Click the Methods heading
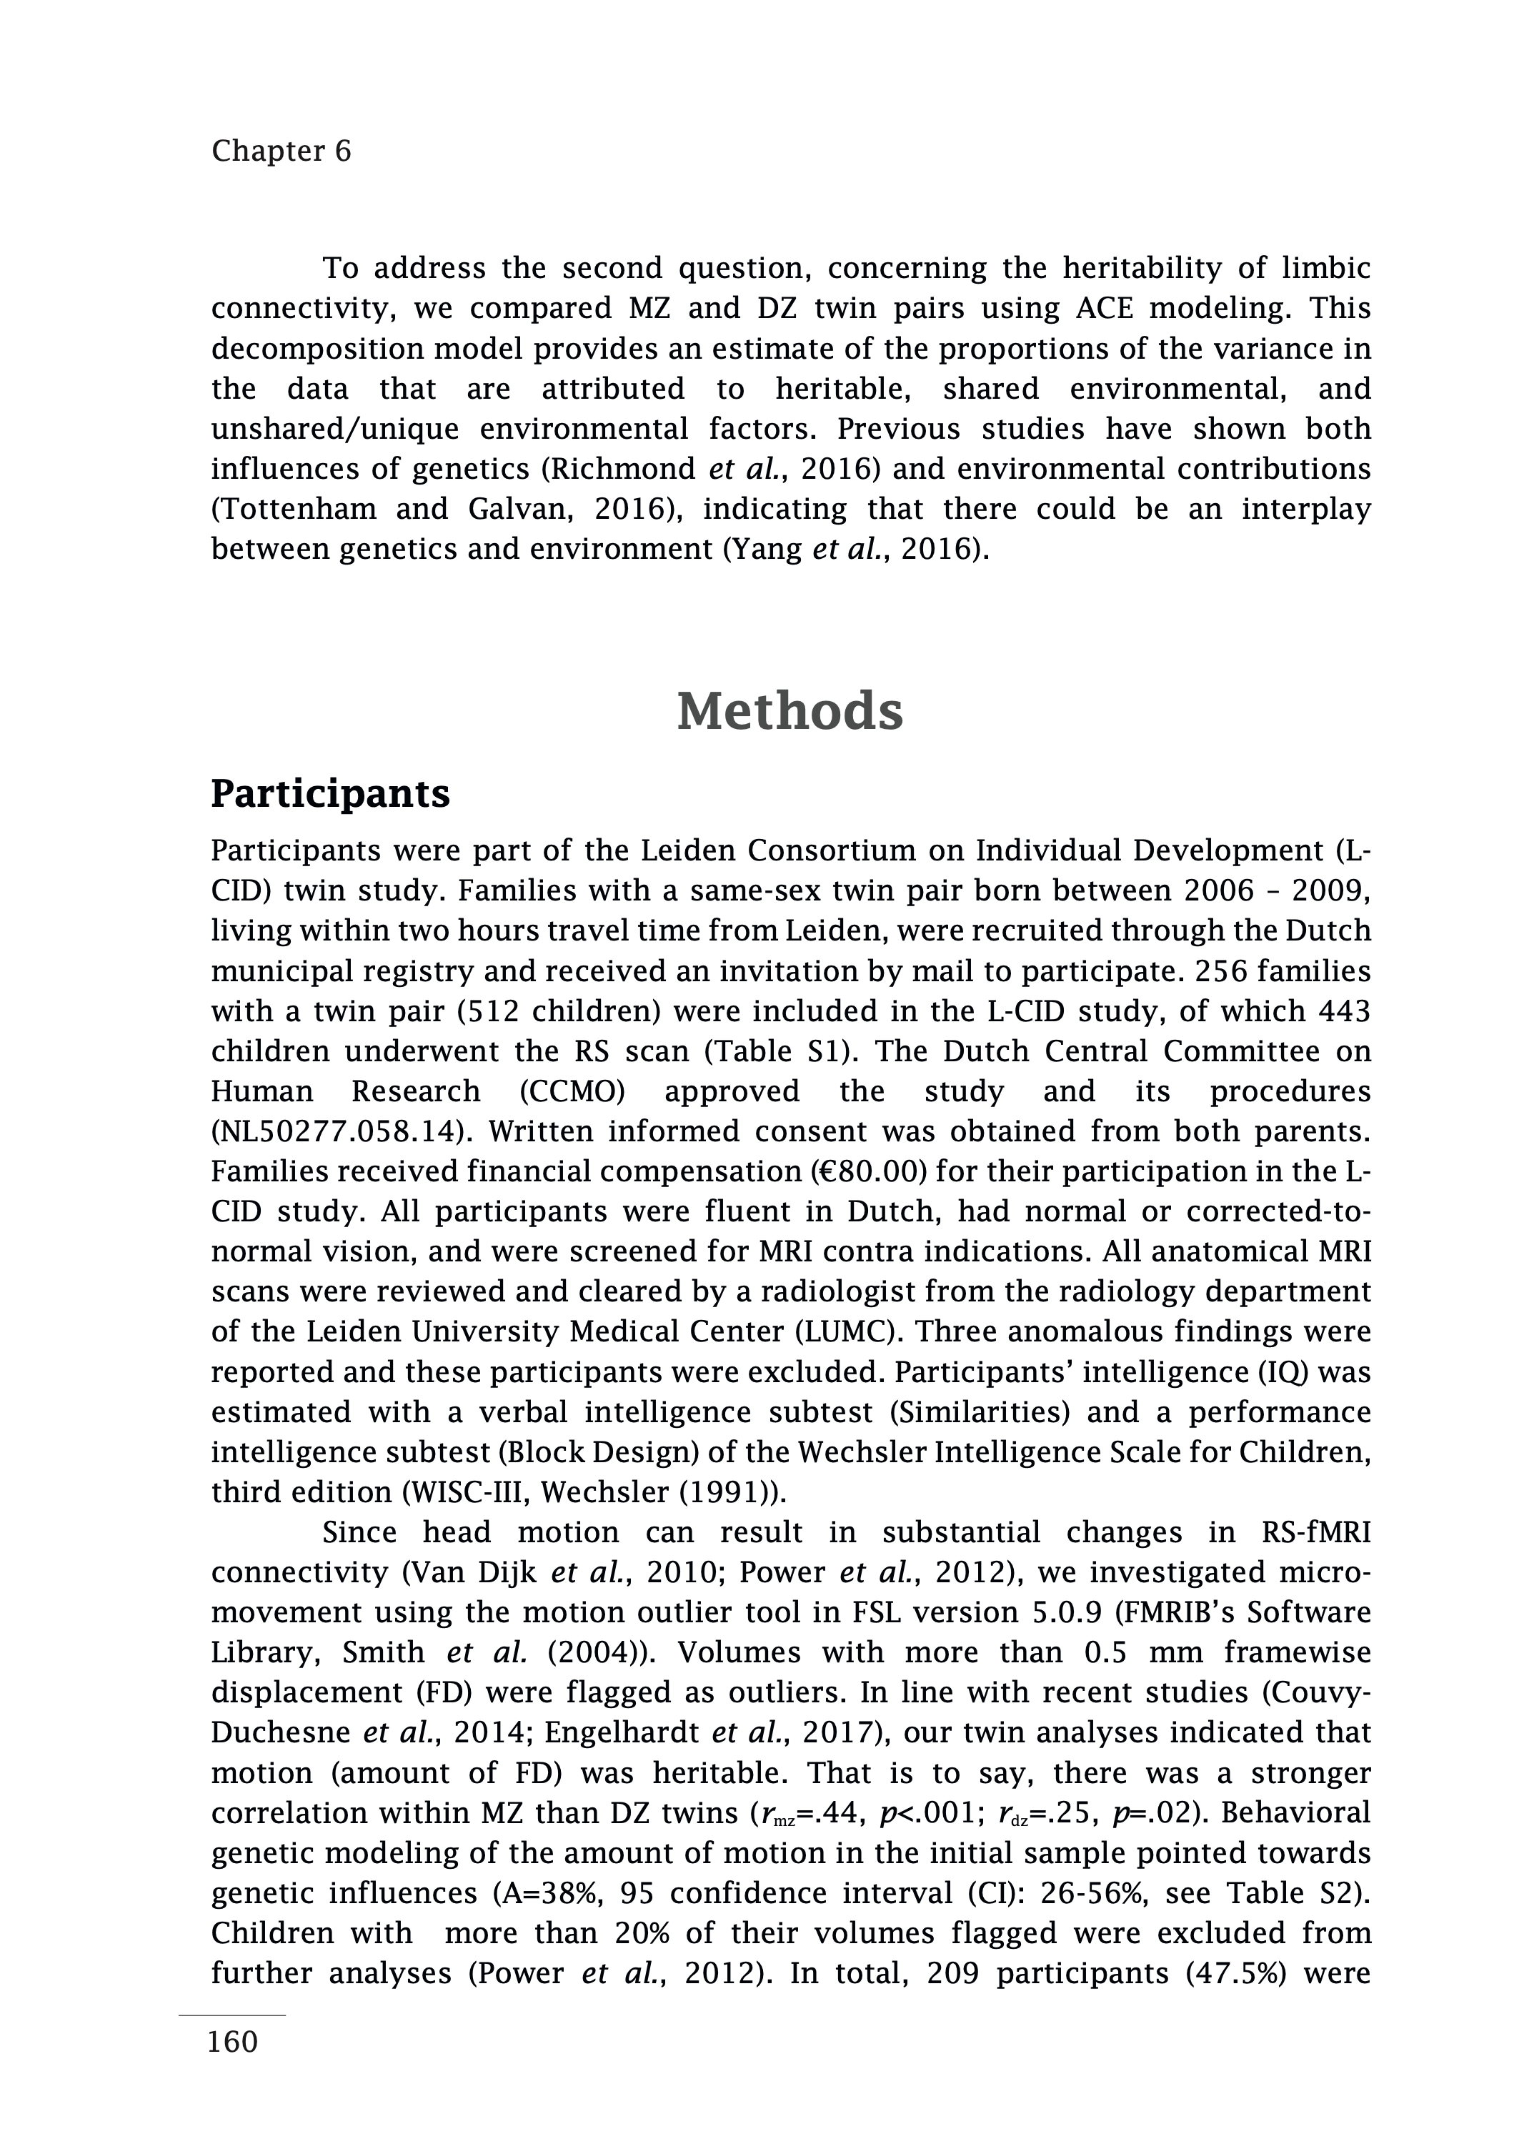(x=790, y=712)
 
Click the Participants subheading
(x=330, y=794)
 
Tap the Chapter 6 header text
(x=281, y=151)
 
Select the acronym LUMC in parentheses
(x=1028, y=1331)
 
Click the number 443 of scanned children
(x=1344, y=1011)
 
